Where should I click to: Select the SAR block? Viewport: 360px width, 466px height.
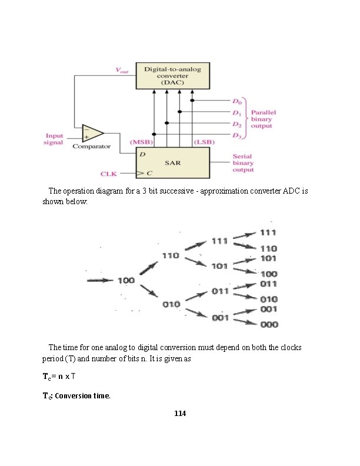pos(172,162)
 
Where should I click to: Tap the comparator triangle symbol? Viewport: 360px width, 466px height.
pos(92,134)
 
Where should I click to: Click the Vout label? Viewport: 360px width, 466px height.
pos(122,71)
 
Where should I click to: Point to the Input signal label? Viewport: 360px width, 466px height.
pos(54,139)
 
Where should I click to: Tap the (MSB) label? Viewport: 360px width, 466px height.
pos(141,142)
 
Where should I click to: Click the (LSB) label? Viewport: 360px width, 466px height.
pos(202,142)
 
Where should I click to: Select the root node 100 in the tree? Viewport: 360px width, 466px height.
pos(126,281)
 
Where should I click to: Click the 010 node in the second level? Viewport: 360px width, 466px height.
pos(171,304)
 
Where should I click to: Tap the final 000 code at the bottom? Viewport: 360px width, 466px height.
pos(269,324)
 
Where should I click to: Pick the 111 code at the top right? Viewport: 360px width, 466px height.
pos(269,232)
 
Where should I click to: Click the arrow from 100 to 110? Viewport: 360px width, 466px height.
pos(147,268)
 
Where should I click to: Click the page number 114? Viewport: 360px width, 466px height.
pos(180,414)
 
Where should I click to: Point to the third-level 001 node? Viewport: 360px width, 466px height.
pos(220,318)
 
